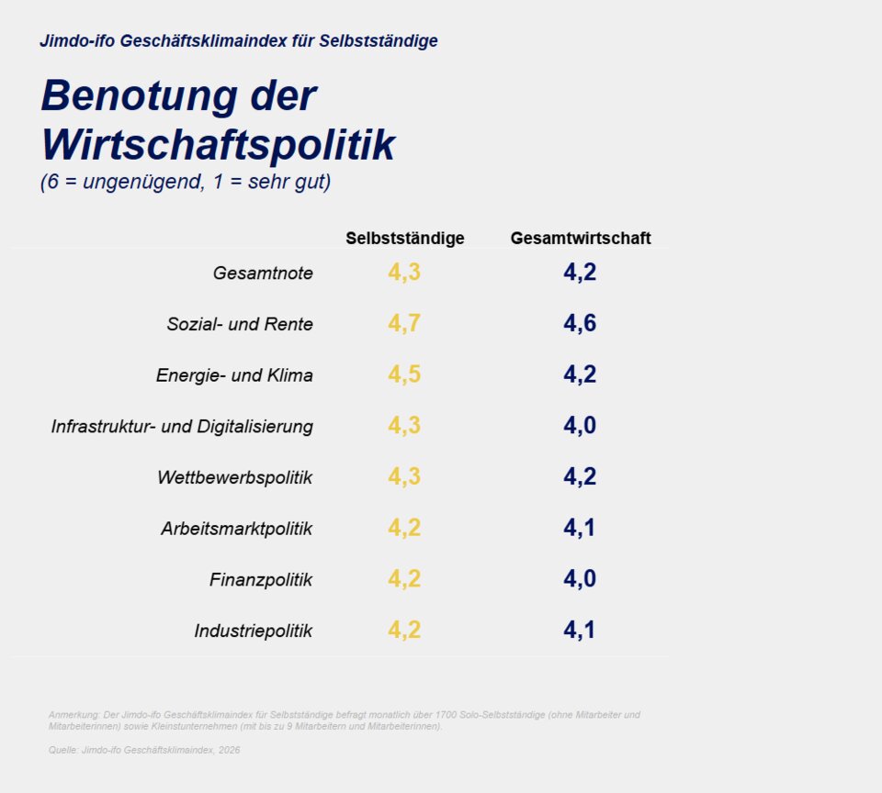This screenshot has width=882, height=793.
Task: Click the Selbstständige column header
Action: pyautogui.click(x=404, y=239)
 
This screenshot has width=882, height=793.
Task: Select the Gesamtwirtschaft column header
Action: pyautogui.click(x=580, y=239)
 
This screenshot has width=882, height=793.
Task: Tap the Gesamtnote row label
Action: pyautogui.click(x=263, y=274)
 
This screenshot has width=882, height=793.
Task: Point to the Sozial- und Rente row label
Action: pyautogui.click(x=240, y=325)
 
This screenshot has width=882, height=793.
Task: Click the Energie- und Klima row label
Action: pyautogui.click(x=234, y=375)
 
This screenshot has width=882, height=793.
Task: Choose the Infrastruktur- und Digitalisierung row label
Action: pyautogui.click(x=182, y=427)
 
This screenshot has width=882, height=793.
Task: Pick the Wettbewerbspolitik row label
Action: pyautogui.click(x=234, y=478)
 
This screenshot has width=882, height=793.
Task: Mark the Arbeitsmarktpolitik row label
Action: pyautogui.click(x=236, y=530)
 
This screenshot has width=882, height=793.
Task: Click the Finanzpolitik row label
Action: pyautogui.click(x=261, y=580)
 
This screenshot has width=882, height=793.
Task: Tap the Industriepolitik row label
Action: pyautogui.click(x=253, y=631)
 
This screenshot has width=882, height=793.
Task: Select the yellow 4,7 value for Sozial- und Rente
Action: pyautogui.click(x=404, y=324)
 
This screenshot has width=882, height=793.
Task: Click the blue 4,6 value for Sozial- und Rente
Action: pyautogui.click(x=580, y=324)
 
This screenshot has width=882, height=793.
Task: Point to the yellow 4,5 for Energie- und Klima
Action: pyautogui.click(x=404, y=374)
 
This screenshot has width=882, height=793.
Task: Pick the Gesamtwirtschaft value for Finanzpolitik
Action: pyautogui.click(x=580, y=579)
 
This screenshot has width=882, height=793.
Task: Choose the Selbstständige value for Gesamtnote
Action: pyautogui.click(x=404, y=273)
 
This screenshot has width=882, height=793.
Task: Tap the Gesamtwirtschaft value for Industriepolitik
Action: pyautogui.click(x=580, y=631)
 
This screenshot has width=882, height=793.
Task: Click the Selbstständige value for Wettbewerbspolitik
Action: pyautogui.click(x=404, y=477)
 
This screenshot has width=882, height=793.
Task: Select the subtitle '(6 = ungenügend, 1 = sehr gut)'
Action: pyautogui.click(x=186, y=182)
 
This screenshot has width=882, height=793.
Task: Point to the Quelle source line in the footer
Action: pyautogui.click(x=144, y=750)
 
